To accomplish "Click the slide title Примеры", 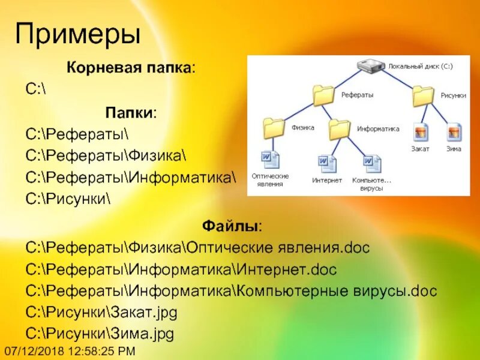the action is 78,34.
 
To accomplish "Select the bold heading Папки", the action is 131,112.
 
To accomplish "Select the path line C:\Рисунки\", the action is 68,198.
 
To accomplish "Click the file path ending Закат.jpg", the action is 102,313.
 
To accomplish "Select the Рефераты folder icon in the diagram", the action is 324,95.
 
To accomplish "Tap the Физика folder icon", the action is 275,128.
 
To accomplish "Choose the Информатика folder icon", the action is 340,128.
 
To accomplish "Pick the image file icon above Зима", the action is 454,133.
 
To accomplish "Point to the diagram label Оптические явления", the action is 270,180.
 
